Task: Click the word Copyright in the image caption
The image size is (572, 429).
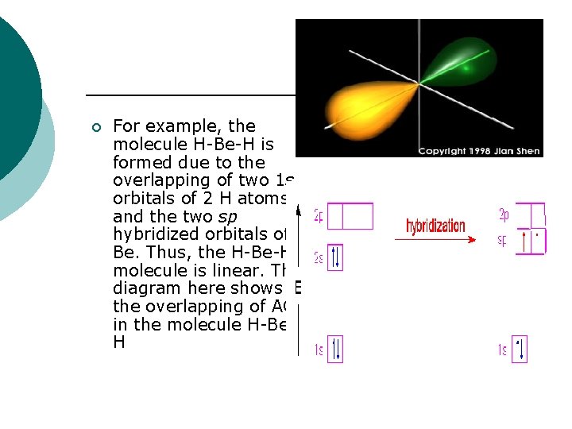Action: click(445, 151)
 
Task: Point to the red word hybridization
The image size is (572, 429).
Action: click(435, 226)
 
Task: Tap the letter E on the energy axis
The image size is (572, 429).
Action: click(298, 288)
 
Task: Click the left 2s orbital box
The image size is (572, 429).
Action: click(334, 257)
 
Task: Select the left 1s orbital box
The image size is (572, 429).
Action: click(334, 350)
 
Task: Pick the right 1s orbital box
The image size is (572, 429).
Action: click(520, 350)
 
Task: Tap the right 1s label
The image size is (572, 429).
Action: click(501, 350)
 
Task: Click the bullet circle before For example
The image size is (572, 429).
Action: click(96, 127)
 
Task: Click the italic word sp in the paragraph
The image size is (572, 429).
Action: click(228, 216)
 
